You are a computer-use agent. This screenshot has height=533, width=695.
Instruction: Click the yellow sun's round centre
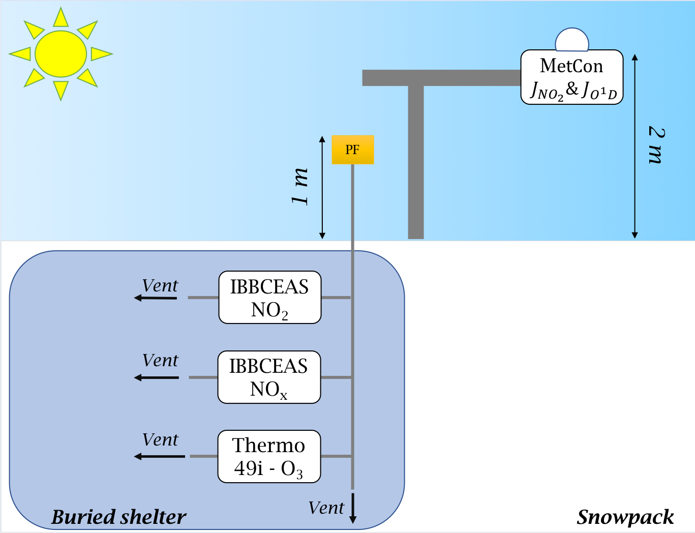point(61,54)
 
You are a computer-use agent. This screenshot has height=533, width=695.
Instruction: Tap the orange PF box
point(352,150)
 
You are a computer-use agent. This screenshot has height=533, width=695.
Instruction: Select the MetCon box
point(572,77)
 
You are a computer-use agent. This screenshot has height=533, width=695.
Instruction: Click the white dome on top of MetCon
point(572,41)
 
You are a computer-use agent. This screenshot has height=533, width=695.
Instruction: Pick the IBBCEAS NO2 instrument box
point(269,298)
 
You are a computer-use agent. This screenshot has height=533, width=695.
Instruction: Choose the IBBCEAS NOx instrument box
point(269,377)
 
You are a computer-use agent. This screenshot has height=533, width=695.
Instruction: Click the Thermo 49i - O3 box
point(269,457)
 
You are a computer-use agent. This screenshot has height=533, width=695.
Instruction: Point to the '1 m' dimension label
point(300,186)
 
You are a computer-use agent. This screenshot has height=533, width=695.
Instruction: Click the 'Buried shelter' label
point(119,517)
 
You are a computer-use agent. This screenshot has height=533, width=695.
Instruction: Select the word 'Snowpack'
point(625,517)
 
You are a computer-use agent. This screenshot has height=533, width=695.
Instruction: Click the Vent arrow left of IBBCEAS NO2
point(156,298)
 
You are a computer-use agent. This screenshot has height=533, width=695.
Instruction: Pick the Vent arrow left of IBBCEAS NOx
point(157,377)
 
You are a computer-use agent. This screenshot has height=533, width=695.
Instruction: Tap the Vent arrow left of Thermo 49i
point(159,456)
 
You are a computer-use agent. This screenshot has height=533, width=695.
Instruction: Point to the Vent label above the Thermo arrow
point(160,439)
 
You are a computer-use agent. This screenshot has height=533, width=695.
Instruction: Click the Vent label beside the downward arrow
point(326,508)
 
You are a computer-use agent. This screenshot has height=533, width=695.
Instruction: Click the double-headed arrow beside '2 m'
point(634,146)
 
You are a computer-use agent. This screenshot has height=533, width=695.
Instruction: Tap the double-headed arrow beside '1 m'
point(322,187)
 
